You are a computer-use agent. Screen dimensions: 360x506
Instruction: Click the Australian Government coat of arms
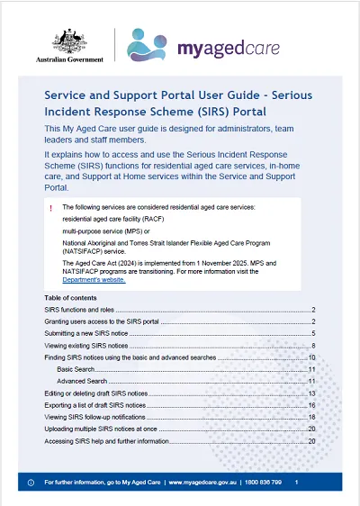pos(69,40)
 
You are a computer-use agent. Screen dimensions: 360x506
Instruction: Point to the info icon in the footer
pos(31,483)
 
